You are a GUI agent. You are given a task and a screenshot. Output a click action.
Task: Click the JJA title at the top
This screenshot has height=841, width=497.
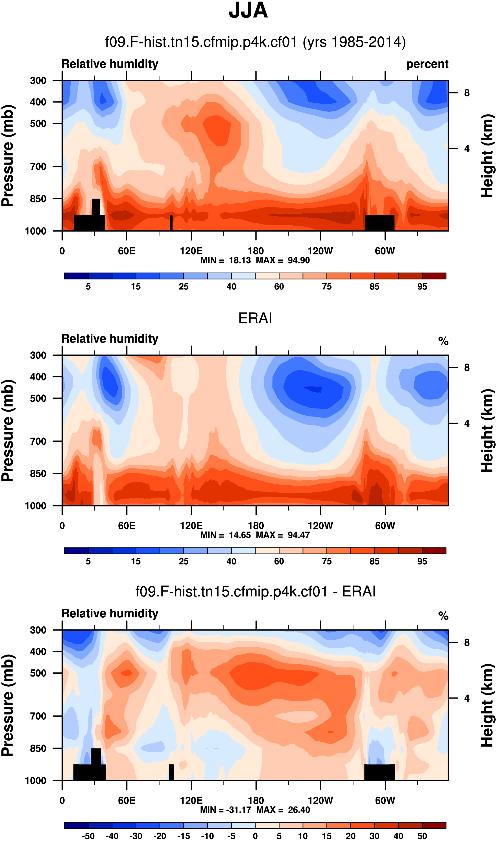click(248, 11)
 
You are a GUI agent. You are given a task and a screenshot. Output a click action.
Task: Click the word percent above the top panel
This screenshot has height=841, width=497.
click(427, 64)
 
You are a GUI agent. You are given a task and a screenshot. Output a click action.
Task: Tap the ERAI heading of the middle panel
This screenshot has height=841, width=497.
click(255, 318)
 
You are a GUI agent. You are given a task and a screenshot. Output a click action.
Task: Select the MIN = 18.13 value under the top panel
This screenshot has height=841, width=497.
click(225, 260)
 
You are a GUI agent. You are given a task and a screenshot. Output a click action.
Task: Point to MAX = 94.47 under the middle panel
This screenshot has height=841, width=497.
click(283, 535)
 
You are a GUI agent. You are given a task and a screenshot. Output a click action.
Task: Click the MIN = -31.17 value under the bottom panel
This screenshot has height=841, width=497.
click(225, 810)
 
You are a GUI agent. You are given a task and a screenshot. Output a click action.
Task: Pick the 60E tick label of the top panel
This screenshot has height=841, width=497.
click(127, 251)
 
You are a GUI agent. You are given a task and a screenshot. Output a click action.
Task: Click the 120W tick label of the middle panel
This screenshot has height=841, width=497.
click(320, 526)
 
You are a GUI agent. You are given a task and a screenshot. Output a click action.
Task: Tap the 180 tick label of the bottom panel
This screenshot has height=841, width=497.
click(256, 801)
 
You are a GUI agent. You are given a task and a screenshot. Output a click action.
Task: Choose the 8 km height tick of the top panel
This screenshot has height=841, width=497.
click(467, 93)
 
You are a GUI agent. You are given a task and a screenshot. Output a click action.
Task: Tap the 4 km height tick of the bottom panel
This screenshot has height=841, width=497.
click(467, 698)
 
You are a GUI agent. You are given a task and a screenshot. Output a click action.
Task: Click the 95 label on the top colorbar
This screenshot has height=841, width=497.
click(422, 287)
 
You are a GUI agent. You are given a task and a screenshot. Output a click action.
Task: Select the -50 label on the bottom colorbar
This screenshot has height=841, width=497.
click(88, 836)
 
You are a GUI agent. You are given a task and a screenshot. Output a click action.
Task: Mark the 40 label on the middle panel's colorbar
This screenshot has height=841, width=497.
click(231, 561)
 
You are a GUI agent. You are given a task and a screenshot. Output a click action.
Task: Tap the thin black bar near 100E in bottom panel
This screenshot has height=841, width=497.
click(171, 772)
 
